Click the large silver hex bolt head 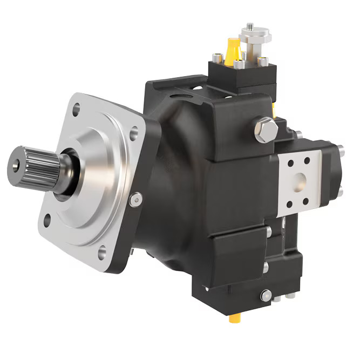(x=266, y=130)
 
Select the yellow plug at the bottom (x=235, y=318)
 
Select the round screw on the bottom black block (x=265, y=295)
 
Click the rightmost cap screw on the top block (x=264, y=62)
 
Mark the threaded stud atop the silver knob (x=249, y=26)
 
